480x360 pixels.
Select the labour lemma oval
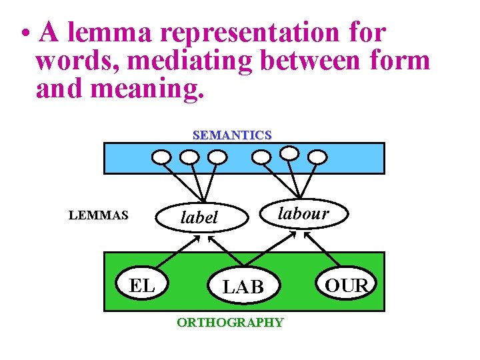pos(303,213)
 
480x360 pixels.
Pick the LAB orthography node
pos(243,287)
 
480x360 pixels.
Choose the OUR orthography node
pos(347,285)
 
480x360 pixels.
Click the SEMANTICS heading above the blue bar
pos(232,135)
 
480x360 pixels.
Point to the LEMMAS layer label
pos(99,215)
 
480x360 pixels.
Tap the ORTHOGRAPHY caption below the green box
pos(229,323)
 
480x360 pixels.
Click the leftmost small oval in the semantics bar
pos(161,157)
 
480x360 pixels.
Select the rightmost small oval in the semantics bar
pos(319,157)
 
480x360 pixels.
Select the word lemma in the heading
pos(95,33)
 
